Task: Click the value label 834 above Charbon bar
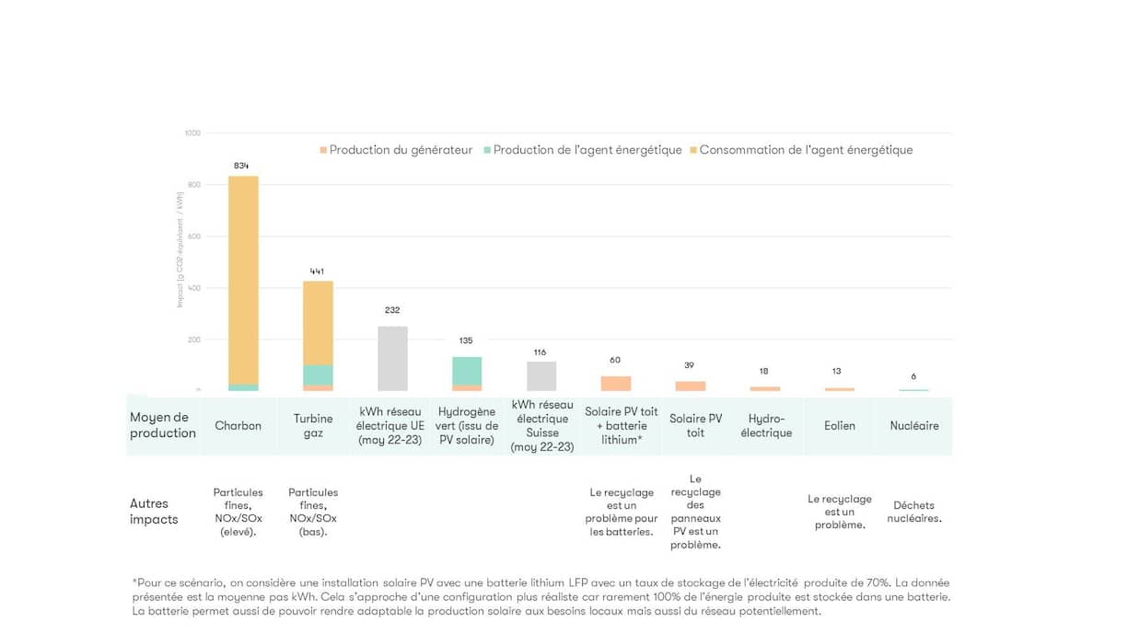[x=241, y=166]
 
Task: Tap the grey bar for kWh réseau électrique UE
[x=392, y=359]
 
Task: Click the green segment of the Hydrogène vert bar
[x=467, y=371]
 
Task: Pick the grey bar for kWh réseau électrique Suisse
[x=541, y=375]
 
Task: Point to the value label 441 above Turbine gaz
[x=317, y=271]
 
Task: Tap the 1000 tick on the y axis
[x=192, y=133]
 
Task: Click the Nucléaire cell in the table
[x=914, y=426]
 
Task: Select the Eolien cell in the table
[x=840, y=426]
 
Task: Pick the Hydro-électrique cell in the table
[x=766, y=426]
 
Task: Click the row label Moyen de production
[x=163, y=425]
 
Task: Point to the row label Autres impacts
[x=154, y=512]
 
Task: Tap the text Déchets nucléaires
[x=914, y=512]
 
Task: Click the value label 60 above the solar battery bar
[x=615, y=360]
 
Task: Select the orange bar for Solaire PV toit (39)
[x=691, y=386]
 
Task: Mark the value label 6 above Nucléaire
[x=913, y=376]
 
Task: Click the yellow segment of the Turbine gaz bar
[x=318, y=322]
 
